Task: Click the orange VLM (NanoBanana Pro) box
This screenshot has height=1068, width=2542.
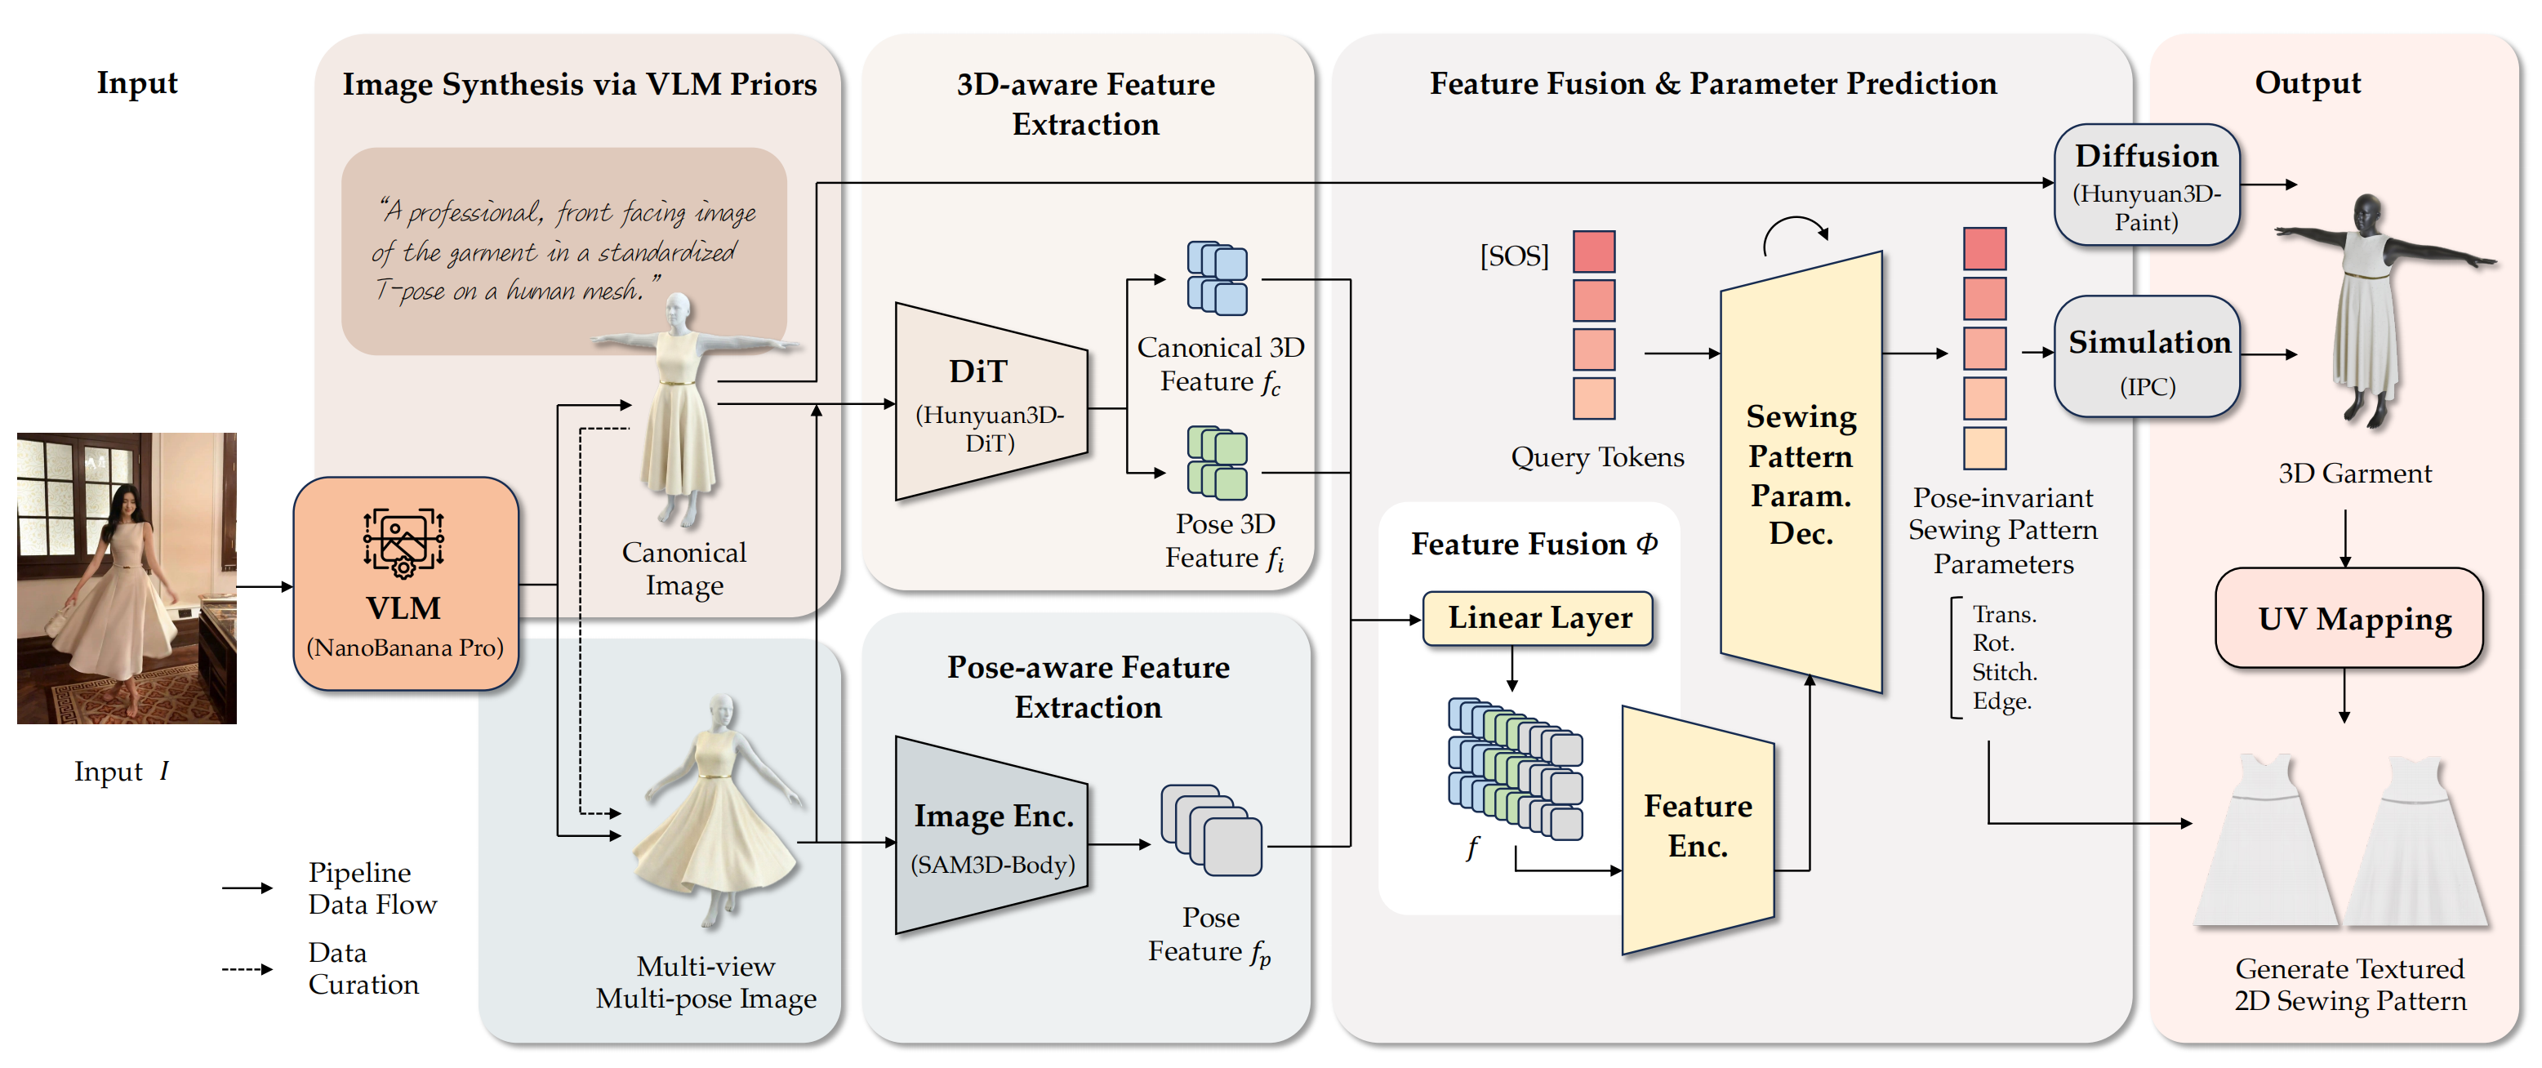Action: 404,583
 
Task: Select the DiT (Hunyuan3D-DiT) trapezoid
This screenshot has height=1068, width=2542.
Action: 990,403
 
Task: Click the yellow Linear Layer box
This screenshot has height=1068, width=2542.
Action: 1538,618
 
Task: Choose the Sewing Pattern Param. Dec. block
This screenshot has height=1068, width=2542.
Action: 1800,474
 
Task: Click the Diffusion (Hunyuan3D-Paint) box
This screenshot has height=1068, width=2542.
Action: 2145,185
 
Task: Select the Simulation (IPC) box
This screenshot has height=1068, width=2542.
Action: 2148,358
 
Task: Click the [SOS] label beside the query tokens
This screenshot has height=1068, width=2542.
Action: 1514,256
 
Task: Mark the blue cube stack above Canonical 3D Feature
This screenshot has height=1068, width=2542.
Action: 1217,278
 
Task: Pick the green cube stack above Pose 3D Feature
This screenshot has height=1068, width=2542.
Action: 1217,463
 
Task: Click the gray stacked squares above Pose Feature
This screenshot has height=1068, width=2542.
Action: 1211,830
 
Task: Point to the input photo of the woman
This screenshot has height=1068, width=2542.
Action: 127,577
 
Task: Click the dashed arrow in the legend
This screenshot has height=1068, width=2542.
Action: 247,969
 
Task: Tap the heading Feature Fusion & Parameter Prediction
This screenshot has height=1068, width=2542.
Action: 1712,84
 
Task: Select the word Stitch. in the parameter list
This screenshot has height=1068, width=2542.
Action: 2003,673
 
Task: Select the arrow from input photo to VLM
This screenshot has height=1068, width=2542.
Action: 265,586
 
